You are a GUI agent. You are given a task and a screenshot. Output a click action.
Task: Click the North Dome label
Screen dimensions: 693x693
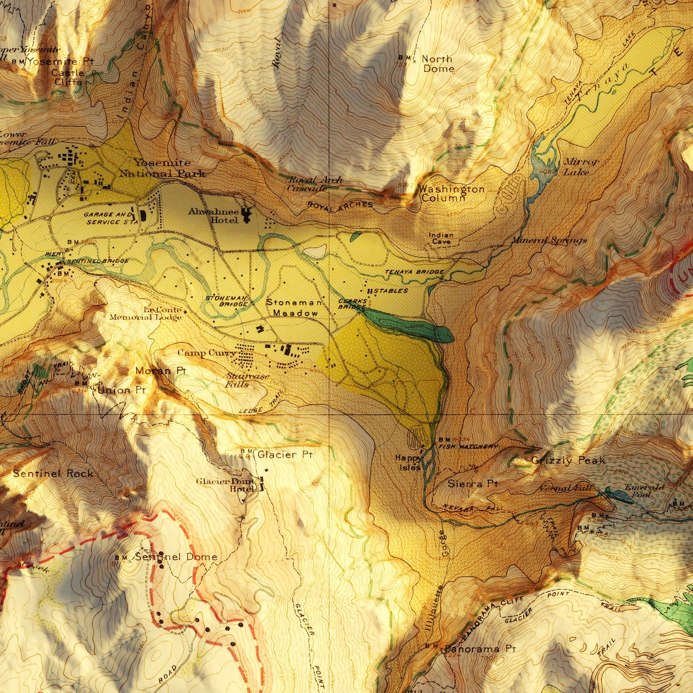tap(437, 64)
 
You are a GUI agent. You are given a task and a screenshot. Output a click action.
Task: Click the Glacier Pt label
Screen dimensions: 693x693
tap(285, 454)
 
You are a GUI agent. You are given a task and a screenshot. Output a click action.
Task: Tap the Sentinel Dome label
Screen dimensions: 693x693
tap(176, 557)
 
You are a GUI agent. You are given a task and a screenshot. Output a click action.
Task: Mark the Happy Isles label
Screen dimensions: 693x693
tap(408, 463)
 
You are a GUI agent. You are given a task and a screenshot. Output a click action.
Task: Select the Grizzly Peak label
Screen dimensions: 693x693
tap(568, 460)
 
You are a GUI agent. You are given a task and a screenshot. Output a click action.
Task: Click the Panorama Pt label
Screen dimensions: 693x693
tap(480, 649)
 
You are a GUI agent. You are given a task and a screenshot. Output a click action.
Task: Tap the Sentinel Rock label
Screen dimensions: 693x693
tap(53, 473)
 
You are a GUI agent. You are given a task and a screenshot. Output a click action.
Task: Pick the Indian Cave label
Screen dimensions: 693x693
tap(441, 238)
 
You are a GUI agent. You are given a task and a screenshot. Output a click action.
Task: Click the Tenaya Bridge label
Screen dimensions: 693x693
tap(414, 272)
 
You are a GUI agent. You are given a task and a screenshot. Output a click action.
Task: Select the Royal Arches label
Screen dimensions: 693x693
tap(340, 205)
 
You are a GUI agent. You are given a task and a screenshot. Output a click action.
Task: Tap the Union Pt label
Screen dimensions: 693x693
tap(121, 390)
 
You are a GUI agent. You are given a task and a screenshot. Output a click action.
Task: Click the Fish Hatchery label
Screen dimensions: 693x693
tap(468, 446)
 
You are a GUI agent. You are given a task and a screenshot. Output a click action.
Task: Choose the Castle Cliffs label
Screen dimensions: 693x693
tap(68, 77)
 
